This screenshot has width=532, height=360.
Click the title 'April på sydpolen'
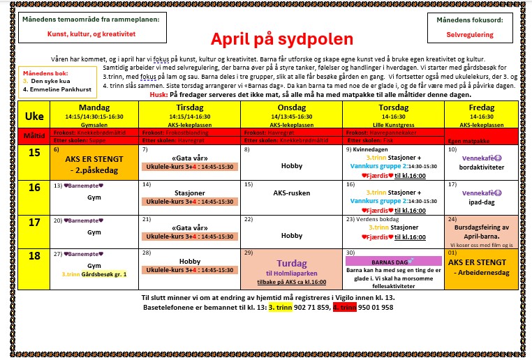click(x=267, y=38)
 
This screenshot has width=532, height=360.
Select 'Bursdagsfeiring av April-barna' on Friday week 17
click(x=482, y=231)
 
